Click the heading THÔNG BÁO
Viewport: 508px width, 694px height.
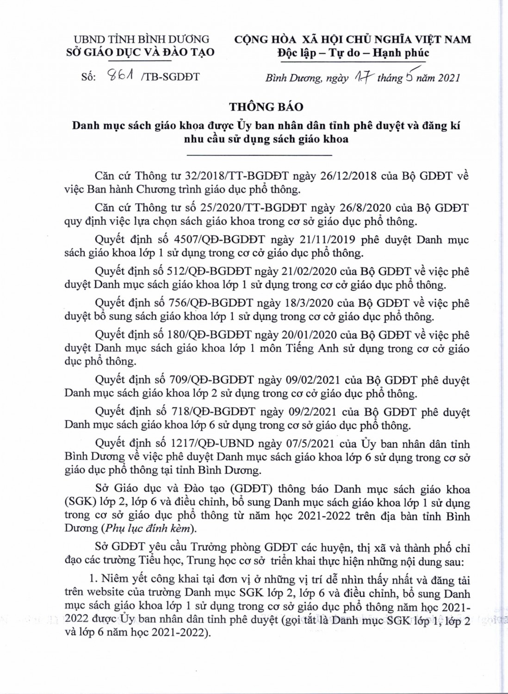266,107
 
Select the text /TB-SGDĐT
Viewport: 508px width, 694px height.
172,77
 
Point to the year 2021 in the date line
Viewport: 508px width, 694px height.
448,78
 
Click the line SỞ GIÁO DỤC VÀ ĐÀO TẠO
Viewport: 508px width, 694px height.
140,52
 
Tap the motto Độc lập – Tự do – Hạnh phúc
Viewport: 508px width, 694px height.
353,53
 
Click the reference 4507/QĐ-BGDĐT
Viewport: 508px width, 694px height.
224,240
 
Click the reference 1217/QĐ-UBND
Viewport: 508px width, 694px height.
225,444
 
